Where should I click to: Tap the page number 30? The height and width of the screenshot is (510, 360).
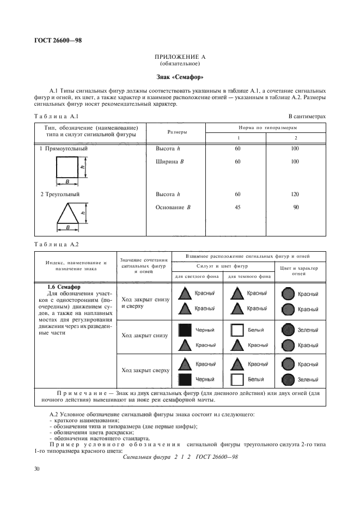tap(38, 467)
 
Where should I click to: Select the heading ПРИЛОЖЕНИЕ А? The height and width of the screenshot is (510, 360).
tap(179, 56)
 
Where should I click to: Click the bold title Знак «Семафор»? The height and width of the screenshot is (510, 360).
tap(179, 77)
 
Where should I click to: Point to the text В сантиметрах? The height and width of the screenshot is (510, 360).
tap(307, 116)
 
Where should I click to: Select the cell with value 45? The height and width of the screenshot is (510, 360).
tap(237, 207)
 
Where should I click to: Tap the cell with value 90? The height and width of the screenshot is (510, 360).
tap(296, 207)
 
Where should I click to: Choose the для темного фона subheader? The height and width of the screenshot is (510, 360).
tap(248, 276)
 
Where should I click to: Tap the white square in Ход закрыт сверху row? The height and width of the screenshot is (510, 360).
tap(236, 379)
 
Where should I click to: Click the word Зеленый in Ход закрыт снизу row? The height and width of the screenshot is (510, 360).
tap(308, 330)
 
